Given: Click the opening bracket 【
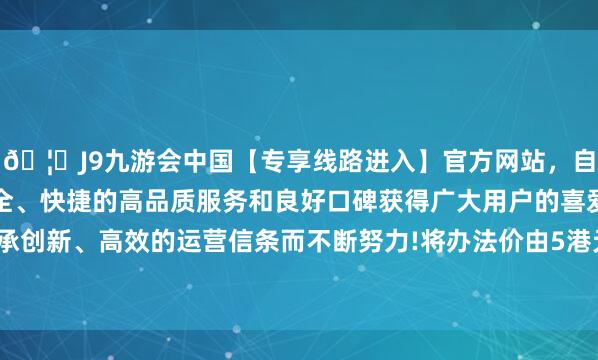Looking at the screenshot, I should tap(222, 158).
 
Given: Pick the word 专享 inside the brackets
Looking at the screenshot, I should tap(258, 158).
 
